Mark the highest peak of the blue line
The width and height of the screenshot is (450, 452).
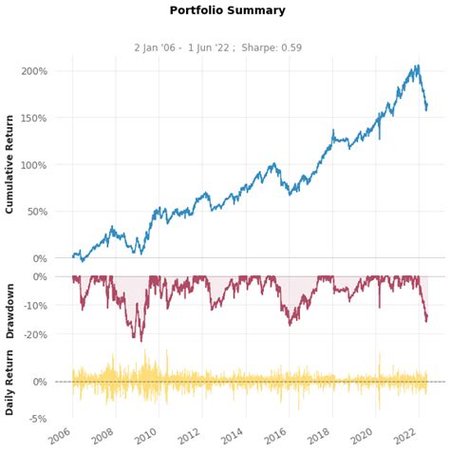(x=418, y=66)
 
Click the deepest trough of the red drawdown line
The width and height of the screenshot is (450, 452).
(x=141, y=341)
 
